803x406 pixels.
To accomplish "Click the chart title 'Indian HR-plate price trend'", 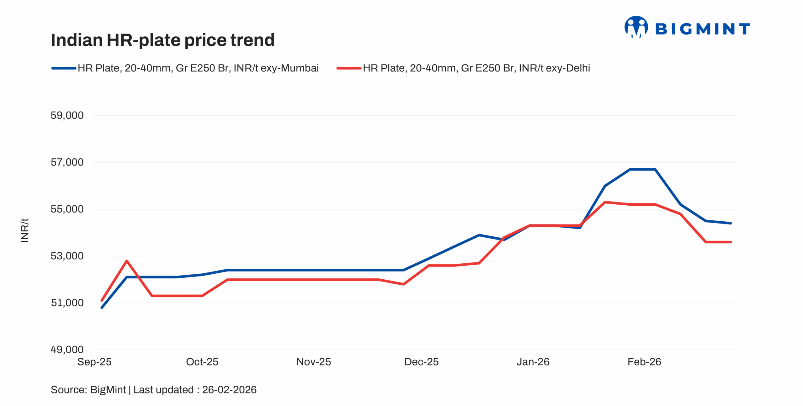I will [x=162, y=40].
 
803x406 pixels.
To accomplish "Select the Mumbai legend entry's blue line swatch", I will [x=64, y=68].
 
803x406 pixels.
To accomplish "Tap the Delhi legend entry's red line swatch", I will [x=348, y=68].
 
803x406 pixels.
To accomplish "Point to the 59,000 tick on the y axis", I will [x=67, y=115].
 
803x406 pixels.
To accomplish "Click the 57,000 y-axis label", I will [x=67, y=162].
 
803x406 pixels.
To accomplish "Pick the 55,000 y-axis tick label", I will [x=67, y=209].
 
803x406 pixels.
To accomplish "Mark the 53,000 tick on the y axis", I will [x=67, y=256].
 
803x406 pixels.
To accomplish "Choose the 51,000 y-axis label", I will [x=67, y=303].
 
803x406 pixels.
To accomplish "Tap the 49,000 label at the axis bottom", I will [x=67, y=350].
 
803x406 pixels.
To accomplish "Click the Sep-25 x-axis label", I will [x=94, y=362].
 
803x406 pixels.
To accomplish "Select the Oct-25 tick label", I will [x=202, y=362].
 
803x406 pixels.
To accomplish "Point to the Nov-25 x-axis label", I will [x=314, y=362].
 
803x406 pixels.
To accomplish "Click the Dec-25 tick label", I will [x=421, y=362].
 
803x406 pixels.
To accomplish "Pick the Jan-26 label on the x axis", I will [x=533, y=362].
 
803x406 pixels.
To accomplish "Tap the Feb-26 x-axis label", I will [x=644, y=362].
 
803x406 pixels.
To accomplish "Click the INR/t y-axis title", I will [x=24, y=230].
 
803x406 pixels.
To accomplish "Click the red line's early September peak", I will [x=126, y=261].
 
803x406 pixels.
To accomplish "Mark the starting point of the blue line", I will [x=102, y=308].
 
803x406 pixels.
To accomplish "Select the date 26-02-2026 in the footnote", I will [x=229, y=390].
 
